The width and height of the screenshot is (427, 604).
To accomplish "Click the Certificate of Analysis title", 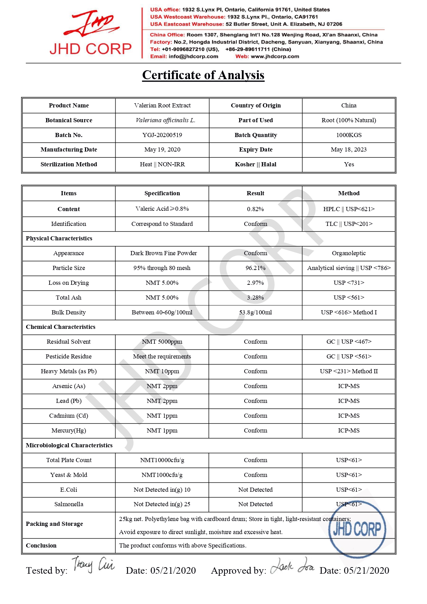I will pyautogui.click(x=203, y=75).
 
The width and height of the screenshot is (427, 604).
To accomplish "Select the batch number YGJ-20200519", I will pyautogui.click(x=162, y=135).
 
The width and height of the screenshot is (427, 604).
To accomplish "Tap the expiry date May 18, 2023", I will pyautogui.click(x=349, y=149).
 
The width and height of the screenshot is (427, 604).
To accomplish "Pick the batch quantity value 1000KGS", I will pyautogui.click(x=349, y=135).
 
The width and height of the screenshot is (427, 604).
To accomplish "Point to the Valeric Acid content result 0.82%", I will pyautogui.click(x=255, y=209).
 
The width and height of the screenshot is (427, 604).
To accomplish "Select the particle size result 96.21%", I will pyautogui.click(x=255, y=268).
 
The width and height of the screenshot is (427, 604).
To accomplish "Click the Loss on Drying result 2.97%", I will pyautogui.click(x=255, y=283).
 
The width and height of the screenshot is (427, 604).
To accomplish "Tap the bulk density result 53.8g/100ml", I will pyautogui.click(x=255, y=312).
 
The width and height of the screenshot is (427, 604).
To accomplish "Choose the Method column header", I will pyautogui.click(x=349, y=193).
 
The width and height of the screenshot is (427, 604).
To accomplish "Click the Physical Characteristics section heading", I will pyautogui.click(x=59, y=238).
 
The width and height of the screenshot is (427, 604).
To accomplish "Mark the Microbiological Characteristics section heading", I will pyautogui.click(x=69, y=445).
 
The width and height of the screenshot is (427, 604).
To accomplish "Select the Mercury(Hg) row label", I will pyautogui.click(x=68, y=430).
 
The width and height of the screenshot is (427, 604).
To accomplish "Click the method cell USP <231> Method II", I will pyautogui.click(x=349, y=371).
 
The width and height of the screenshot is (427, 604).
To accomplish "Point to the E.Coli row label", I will pyautogui.click(x=68, y=490).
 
